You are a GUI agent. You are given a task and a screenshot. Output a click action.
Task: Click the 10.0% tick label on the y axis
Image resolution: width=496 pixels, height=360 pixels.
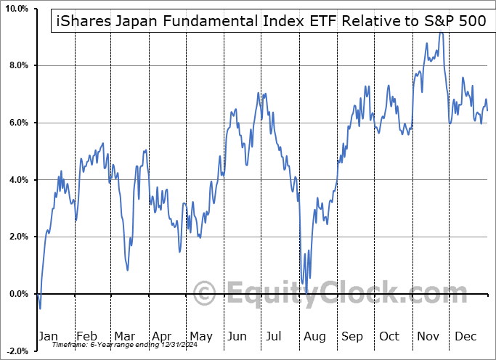pos(15,9)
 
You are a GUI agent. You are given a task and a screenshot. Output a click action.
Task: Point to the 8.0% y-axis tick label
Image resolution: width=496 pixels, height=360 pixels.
pos(17,66)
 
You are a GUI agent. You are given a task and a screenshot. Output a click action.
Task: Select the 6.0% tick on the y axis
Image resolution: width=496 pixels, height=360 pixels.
pos(17,123)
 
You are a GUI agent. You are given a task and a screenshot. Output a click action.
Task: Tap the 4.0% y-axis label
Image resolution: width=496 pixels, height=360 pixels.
pos(17,180)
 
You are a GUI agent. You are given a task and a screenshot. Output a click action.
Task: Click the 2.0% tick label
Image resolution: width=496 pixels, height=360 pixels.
pos(17,237)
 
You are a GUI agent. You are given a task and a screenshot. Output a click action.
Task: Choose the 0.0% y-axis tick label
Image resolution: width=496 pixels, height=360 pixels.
pos(17,294)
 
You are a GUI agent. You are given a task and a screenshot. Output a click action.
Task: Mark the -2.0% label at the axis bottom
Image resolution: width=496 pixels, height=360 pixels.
pos(16,351)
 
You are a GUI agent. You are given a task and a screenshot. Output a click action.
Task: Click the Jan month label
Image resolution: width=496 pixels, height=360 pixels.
pos(47,336)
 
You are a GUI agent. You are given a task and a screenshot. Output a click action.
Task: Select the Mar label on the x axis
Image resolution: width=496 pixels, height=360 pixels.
pos(125,336)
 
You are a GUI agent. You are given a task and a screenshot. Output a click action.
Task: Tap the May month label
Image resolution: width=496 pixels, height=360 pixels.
pos(200,336)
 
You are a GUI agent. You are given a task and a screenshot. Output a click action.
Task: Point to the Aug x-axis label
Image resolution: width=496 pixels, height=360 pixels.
pos(314,336)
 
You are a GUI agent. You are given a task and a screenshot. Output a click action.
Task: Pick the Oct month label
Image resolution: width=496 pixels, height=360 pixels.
pos(389,336)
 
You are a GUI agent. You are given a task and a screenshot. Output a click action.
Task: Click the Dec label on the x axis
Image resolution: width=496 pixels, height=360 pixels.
pos(466,336)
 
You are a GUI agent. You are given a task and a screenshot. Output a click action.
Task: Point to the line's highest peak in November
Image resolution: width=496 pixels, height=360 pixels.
pos(440,33)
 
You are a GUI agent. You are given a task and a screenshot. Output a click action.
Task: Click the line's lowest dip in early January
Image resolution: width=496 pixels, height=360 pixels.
pos(41,308)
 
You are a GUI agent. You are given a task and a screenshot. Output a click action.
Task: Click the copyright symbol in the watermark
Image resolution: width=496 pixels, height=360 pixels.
pos(204,294)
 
